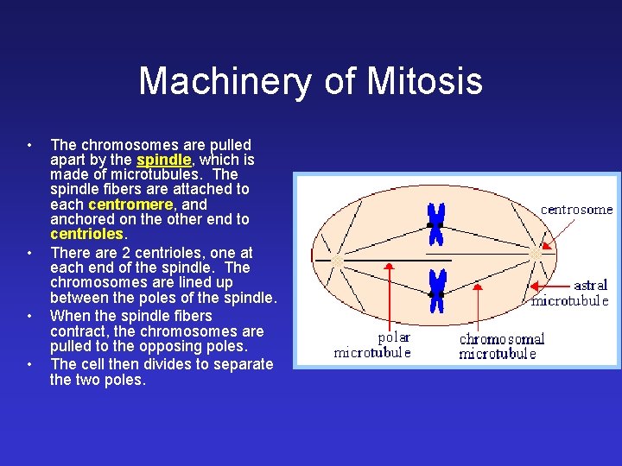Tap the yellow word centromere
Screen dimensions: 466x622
(x=130, y=205)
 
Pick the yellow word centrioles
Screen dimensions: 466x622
(x=88, y=234)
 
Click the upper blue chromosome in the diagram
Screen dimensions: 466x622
(x=437, y=224)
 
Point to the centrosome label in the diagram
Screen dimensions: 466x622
(x=576, y=209)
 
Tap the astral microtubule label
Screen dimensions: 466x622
(x=571, y=293)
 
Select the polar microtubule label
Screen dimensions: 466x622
(x=372, y=344)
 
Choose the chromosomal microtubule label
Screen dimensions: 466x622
(x=501, y=346)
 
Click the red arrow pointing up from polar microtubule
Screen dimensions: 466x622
(x=389, y=293)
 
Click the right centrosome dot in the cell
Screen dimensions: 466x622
(x=536, y=255)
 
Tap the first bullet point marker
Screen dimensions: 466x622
(x=29, y=144)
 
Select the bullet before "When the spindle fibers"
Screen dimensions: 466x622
(x=29, y=316)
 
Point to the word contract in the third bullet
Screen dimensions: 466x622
(x=77, y=331)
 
